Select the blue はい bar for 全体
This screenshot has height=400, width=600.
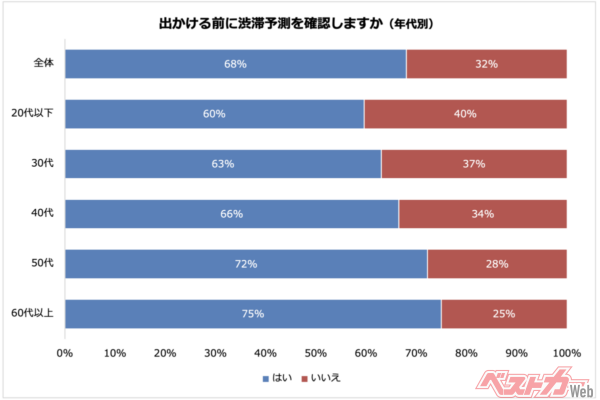236,63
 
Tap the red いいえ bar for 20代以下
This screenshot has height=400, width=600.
465,113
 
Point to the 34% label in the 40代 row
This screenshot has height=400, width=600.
481,213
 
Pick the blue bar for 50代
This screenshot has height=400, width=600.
246,263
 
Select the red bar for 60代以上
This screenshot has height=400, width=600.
504,313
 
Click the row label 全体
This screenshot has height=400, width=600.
43,63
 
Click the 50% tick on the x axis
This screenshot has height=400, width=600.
316,353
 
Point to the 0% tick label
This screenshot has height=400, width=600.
65,353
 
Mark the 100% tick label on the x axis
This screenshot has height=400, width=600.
566,353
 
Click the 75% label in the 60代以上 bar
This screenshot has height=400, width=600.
252,313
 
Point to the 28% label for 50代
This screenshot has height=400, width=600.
497,263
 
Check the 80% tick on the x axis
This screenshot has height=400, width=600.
466,353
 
